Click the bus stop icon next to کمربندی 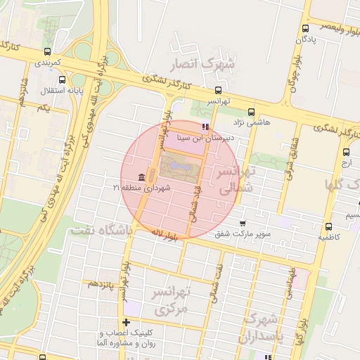47,51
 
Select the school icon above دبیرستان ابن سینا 205,127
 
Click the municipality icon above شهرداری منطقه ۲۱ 143,176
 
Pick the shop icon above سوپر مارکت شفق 243,224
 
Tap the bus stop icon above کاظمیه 329,226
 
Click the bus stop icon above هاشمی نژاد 252,111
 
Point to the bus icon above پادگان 304,29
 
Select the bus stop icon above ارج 346,152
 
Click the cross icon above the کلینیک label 125,321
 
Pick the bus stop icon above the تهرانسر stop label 219,90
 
